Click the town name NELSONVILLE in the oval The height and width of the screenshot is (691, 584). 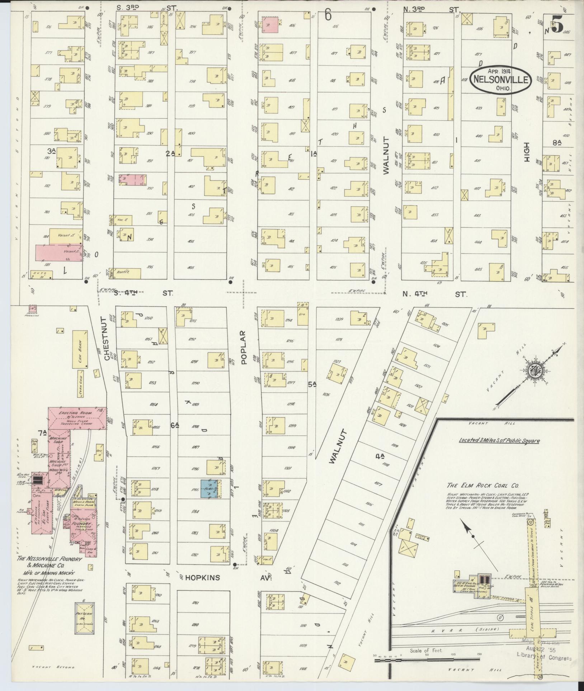pos(500,80)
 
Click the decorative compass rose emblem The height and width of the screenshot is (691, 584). pos(534,371)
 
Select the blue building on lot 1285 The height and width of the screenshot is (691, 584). pos(211,489)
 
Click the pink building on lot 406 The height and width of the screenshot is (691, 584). pos(271,25)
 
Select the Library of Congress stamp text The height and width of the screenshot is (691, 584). pos(544,658)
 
